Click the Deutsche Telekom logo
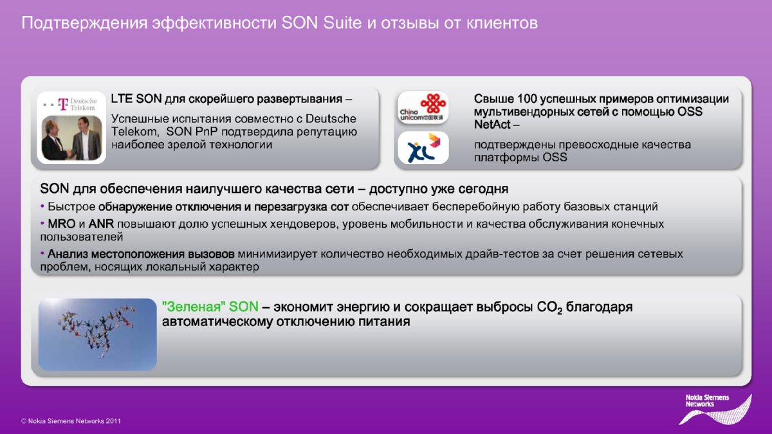pyautogui.click(x=70, y=104)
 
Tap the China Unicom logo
pyautogui.click(x=423, y=108)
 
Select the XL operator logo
pyautogui.click(x=423, y=148)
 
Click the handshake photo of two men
pyautogui.click(x=71, y=138)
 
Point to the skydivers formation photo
pyautogui.click(x=98, y=334)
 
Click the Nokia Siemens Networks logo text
pyautogui.click(x=707, y=401)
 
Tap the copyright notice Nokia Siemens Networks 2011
pyautogui.click(x=71, y=421)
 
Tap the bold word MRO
pyautogui.click(x=61, y=224)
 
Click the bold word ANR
pyautogui.click(x=102, y=224)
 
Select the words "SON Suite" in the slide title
pyautogui.click(x=322, y=23)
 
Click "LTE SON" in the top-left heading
pyautogui.click(x=136, y=99)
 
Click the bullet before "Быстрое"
pyautogui.click(x=42, y=206)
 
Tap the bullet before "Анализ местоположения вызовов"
pyautogui.click(x=42, y=254)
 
